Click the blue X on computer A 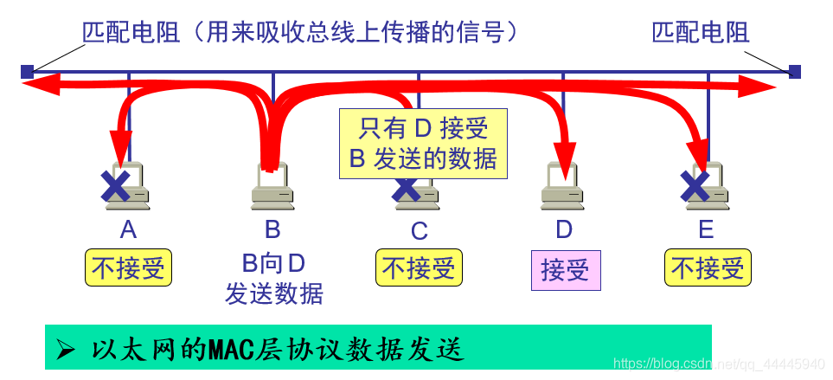click(115, 184)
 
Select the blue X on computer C click(406, 187)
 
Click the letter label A click(128, 229)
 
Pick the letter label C click(419, 230)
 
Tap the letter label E click(707, 229)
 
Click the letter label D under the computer click(564, 229)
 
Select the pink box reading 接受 click(565, 270)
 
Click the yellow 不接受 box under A click(128, 268)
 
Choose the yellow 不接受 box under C click(419, 268)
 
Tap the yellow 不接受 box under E click(708, 268)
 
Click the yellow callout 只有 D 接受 click(423, 144)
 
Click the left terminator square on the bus click(27, 71)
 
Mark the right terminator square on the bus click(795, 71)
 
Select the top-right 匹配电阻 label click(701, 33)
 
